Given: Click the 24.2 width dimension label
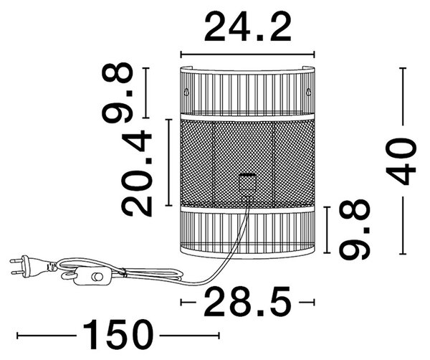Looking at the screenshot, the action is coord(247,27).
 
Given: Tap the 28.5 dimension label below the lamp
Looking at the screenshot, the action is coord(247,301).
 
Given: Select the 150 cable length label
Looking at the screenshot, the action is coord(118,334).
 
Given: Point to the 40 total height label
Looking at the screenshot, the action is coord(401,161).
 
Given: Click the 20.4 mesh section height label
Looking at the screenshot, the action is coord(137,174).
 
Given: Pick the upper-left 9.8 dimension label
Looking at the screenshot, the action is coord(118,93).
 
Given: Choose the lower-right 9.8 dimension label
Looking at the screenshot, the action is coord(354,229).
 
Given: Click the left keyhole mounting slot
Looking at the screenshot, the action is coord(186,91).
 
